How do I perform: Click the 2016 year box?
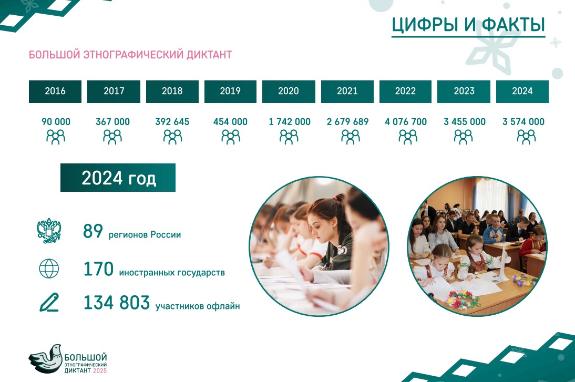coord(55,91)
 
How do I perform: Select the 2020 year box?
coord(289,91)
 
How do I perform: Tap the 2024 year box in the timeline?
coord(522,91)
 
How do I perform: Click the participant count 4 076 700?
coord(406,122)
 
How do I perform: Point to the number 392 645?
coord(172,122)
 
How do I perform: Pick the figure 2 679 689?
coord(347,122)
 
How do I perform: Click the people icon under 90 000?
coord(55,137)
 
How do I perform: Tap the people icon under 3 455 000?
coord(463,137)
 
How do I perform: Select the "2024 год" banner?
coord(118,178)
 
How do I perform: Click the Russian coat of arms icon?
coord(49,231)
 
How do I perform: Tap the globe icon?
coord(49,269)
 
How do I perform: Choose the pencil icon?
coord(49,303)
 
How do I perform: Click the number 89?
coord(93,231)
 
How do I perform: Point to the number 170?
coord(98,269)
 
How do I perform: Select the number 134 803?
coord(117,303)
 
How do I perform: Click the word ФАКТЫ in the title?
coord(513,25)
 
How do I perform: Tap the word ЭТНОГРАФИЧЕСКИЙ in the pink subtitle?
coord(134,55)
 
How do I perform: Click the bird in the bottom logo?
coord(46,358)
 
